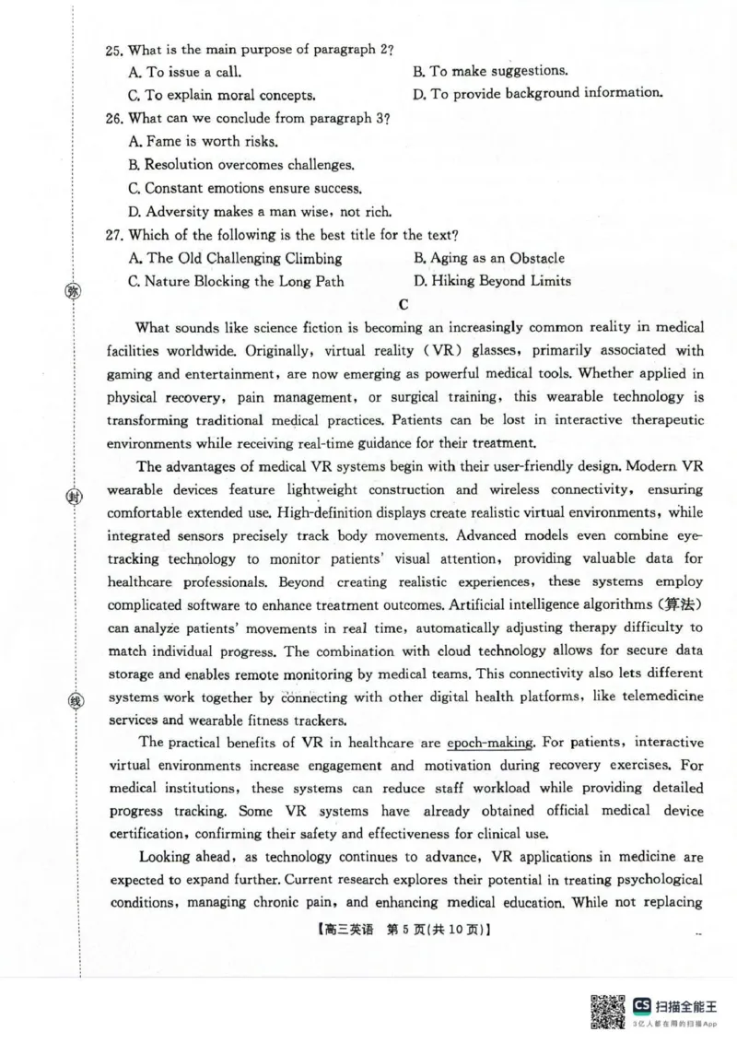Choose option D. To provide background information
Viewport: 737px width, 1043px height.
[x=537, y=93]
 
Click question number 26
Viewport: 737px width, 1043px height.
[x=115, y=119]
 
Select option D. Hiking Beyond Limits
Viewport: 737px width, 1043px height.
[x=491, y=281]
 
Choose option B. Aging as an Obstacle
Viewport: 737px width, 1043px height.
[x=488, y=259]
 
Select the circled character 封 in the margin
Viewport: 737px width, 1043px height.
[x=74, y=498]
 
